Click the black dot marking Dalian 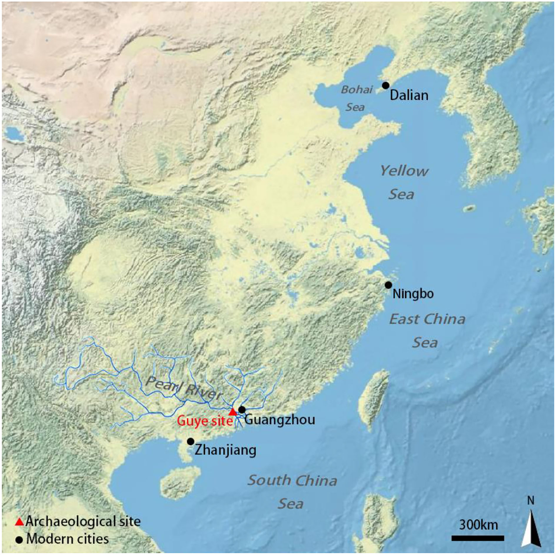pyautogui.click(x=386, y=85)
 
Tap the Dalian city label pyautogui.click(x=409, y=95)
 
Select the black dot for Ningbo pyautogui.click(x=388, y=285)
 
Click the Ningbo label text pyautogui.click(x=413, y=294)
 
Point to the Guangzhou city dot pyautogui.click(x=242, y=410)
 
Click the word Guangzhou pyautogui.click(x=280, y=420)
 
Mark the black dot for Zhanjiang pyautogui.click(x=190, y=441)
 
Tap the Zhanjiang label pyautogui.click(x=225, y=450)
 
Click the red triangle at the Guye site pyautogui.click(x=232, y=412)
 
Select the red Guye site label pyautogui.click(x=204, y=421)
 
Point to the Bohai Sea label pyautogui.click(x=356, y=98)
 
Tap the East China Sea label pyautogui.click(x=427, y=331)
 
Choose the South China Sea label pyautogui.click(x=292, y=492)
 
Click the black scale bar pyautogui.click(x=478, y=538)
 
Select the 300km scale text pyautogui.click(x=478, y=525)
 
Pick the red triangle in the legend pyautogui.click(x=19, y=522)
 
